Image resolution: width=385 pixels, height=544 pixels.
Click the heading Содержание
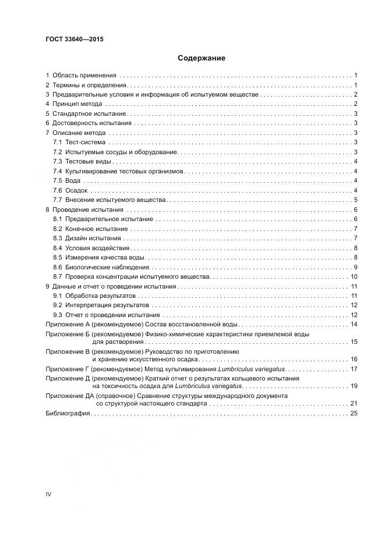click(201, 58)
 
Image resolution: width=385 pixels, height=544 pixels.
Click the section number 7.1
click(57, 143)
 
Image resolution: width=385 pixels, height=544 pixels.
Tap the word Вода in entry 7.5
click(73, 180)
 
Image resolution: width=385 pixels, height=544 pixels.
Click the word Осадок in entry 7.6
click(76, 190)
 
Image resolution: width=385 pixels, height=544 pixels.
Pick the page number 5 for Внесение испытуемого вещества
click(355, 200)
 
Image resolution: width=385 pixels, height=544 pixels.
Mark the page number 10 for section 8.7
click(354, 276)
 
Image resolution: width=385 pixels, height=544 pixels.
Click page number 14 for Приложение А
click(354, 324)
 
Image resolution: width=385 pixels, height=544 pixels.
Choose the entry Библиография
click(68, 413)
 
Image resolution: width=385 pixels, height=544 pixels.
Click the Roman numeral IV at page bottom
click(49, 494)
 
